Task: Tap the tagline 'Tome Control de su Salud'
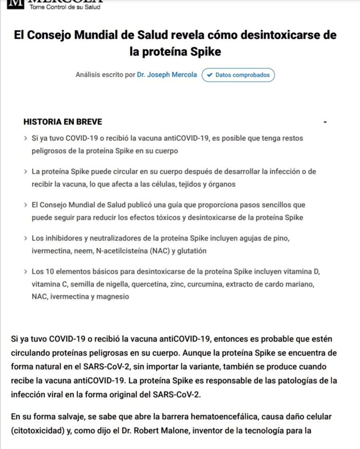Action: click(x=65, y=7)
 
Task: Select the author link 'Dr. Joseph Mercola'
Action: click(x=167, y=75)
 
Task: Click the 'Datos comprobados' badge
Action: click(x=238, y=75)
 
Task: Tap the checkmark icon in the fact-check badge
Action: click(x=210, y=75)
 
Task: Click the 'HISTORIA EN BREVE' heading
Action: click(x=63, y=122)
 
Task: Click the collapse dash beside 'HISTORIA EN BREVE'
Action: click(x=325, y=122)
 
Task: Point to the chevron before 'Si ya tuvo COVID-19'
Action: click(x=26, y=138)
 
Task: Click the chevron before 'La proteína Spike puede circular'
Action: click(x=26, y=172)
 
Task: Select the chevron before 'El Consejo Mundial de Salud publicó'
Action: click(x=26, y=205)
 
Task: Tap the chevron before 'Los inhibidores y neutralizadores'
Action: click(x=26, y=239)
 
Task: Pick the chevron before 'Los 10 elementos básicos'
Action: click(x=26, y=272)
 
